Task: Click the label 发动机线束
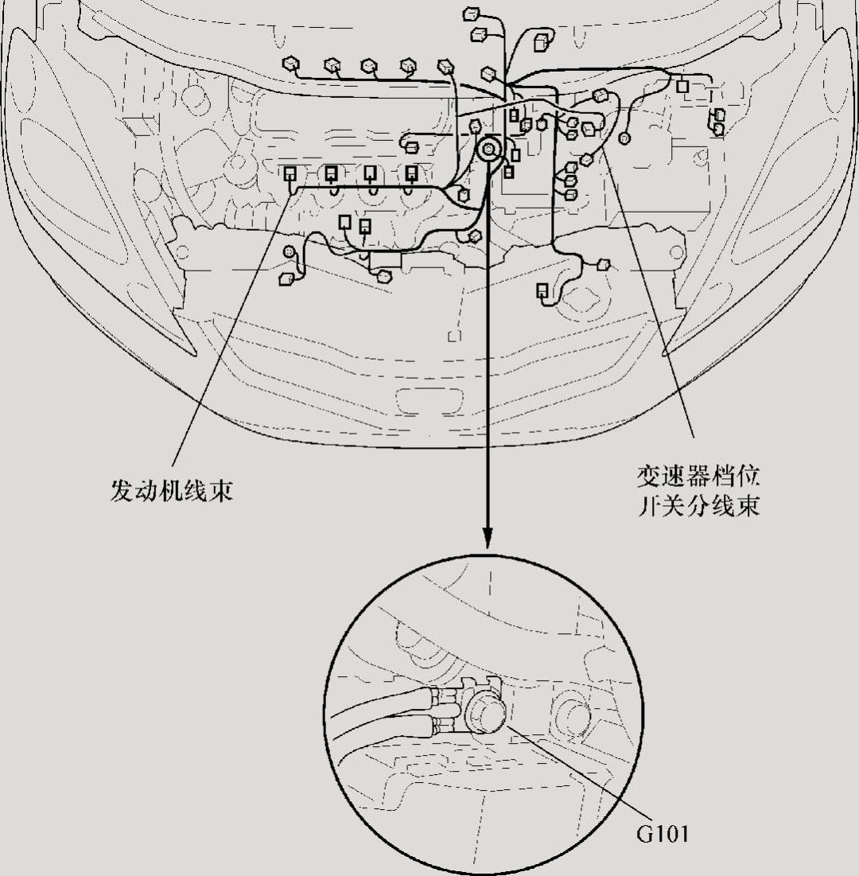pyautogui.click(x=171, y=489)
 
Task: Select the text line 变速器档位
pyautogui.click(x=698, y=478)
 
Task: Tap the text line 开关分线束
pyautogui.click(x=698, y=506)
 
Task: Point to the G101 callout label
pyautogui.click(x=662, y=834)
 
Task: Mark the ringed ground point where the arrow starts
pyautogui.click(x=488, y=148)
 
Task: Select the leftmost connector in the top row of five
pyautogui.click(x=290, y=64)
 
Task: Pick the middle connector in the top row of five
pyautogui.click(x=369, y=65)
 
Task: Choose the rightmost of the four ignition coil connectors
pyautogui.click(x=411, y=173)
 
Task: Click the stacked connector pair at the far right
pyautogui.click(x=718, y=122)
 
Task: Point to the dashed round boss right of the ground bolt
pyautogui.click(x=574, y=710)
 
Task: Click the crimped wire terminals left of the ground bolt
pyautogui.click(x=443, y=710)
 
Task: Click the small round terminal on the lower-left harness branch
pyautogui.click(x=290, y=252)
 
